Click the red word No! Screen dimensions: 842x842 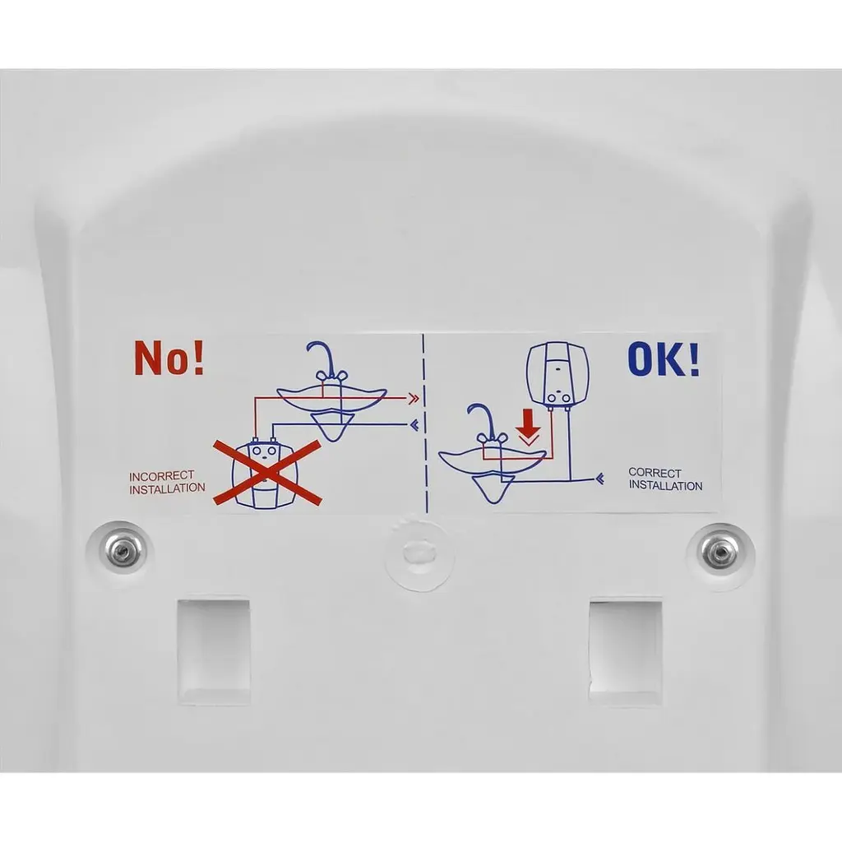click(x=169, y=358)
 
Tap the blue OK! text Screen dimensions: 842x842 click(x=664, y=359)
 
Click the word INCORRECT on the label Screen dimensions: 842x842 click(x=162, y=476)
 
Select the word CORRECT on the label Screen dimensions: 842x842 click(x=655, y=473)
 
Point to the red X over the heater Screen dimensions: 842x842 click(x=267, y=473)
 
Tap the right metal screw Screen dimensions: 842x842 click(x=719, y=552)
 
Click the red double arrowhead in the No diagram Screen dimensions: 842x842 click(x=414, y=399)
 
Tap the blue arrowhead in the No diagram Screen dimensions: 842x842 click(x=414, y=425)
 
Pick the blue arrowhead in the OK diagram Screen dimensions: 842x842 click(x=599, y=478)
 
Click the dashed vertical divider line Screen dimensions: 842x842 click(x=425, y=423)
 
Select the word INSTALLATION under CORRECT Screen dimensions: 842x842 click(x=666, y=485)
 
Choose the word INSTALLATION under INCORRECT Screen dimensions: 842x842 click(x=167, y=489)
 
